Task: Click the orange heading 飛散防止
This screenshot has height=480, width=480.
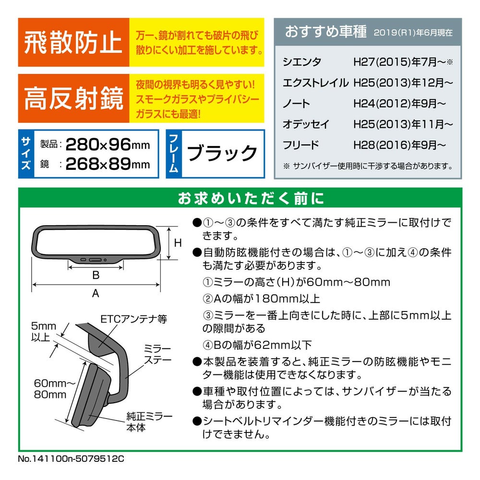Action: coord(73,42)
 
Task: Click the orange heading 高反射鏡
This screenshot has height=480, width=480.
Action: coord(74,98)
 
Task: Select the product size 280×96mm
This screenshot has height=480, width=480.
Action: coord(108,144)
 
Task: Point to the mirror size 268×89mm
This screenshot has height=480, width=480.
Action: coord(108,164)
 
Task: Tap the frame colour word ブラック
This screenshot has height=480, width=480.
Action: coord(222,153)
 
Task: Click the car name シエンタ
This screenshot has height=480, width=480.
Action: coord(302,62)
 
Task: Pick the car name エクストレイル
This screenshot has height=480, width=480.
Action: coord(316,83)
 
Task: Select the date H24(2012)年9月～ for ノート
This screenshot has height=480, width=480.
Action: coord(399,104)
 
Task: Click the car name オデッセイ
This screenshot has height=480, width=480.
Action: coord(306,124)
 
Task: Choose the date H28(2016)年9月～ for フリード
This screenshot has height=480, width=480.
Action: coord(399,145)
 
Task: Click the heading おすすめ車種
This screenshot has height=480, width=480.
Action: coord(326,32)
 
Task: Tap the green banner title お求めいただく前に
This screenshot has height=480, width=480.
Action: coord(251,198)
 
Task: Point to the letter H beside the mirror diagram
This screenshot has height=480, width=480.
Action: coord(178,243)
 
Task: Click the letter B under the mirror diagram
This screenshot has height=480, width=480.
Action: coord(96,275)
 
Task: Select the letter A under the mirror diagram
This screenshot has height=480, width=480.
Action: coord(96,293)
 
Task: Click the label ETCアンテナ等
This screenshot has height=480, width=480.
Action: coord(134,319)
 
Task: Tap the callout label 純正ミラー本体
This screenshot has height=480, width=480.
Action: coord(149,422)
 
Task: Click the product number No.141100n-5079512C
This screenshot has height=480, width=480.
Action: coord(71,458)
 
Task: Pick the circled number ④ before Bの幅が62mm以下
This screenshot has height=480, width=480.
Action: coord(207,345)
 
